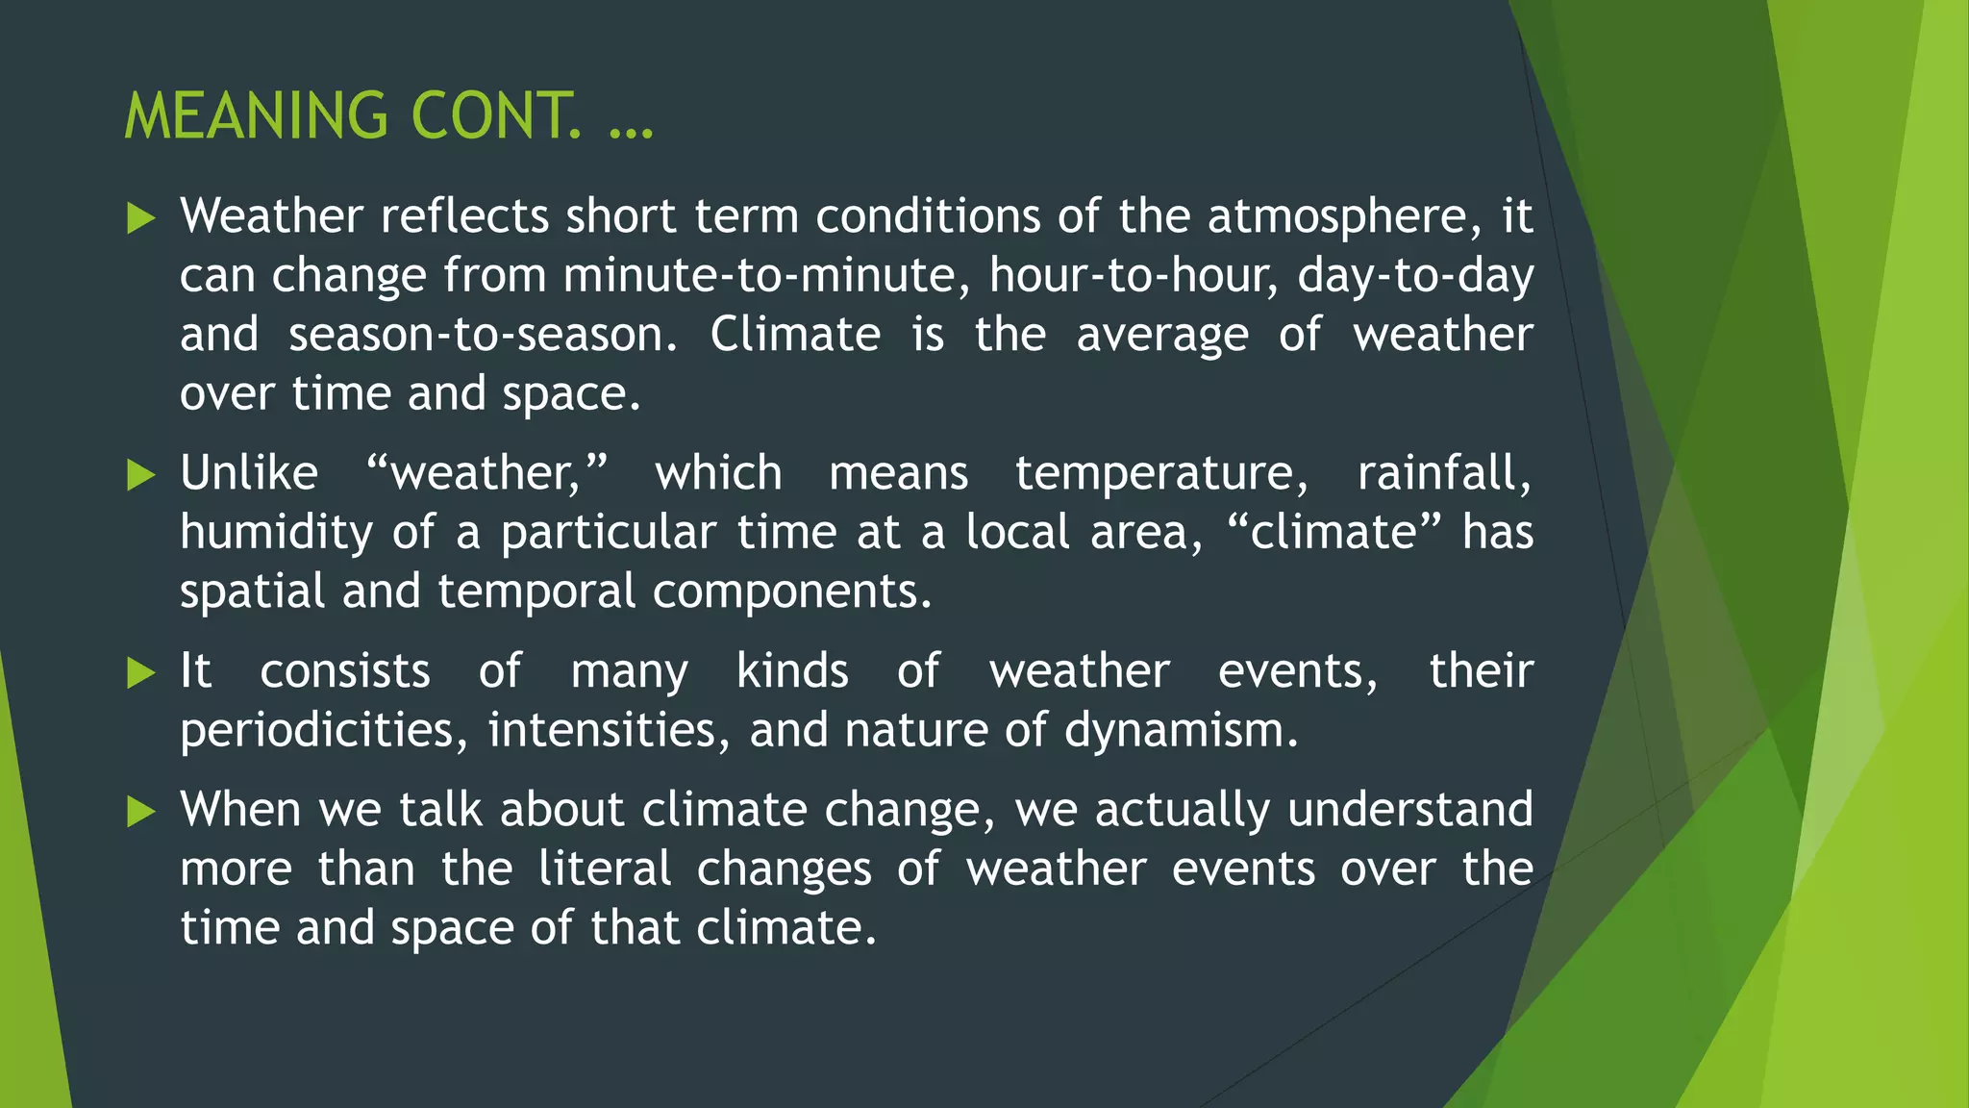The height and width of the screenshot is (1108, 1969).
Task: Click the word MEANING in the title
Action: [x=256, y=116]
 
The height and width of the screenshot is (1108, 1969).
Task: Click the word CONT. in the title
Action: [x=495, y=116]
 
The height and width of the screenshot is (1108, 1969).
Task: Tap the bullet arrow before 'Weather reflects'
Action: [x=140, y=219]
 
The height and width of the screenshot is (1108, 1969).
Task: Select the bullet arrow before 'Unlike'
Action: [x=140, y=475]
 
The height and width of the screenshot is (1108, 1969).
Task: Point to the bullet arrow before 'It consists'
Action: [x=140, y=673]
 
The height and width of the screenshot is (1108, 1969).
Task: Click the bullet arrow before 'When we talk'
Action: [x=140, y=813]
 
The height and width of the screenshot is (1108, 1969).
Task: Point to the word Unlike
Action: [x=249, y=473]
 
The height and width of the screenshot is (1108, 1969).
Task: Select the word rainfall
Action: [x=1443, y=473]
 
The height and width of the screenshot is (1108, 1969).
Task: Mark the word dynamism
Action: [x=1181, y=731]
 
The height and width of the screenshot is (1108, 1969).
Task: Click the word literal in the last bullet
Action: [x=605, y=869]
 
